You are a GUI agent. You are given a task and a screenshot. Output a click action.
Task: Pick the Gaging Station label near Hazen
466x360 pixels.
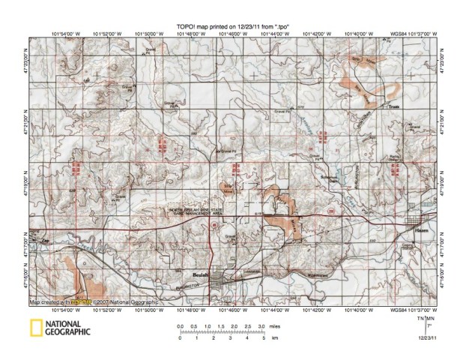click(x=408, y=247)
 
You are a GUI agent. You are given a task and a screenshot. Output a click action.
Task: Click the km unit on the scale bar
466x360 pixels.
click(x=275, y=339)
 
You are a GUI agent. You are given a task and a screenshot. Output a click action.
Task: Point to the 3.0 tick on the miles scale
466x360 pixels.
click(x=260, y=328)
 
